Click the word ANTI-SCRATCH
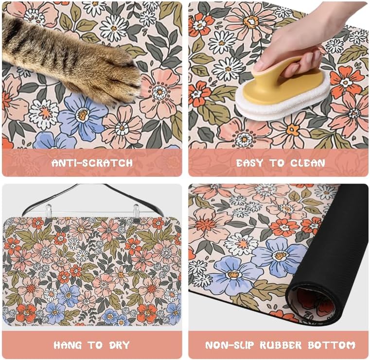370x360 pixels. point(92,163)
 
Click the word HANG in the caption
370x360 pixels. point(68,345)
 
